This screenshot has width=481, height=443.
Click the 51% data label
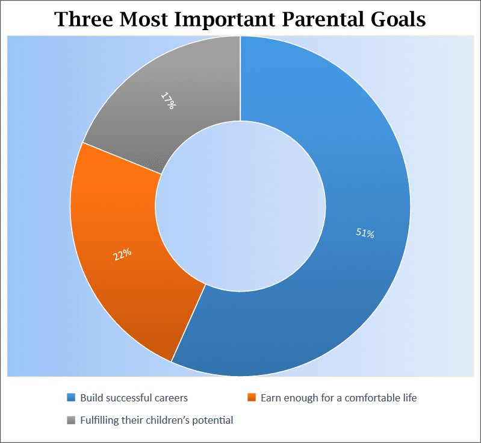click(365, 233)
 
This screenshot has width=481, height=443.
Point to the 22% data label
click(122, 254)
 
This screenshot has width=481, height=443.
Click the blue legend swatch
click(72, 398)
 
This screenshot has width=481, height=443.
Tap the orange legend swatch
click(252, 398)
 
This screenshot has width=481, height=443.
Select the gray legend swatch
click(72, 420)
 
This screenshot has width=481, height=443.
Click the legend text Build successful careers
click(134, 398)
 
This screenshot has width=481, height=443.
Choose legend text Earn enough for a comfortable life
click(338, 398)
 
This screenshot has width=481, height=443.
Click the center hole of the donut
click(240, 205)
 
